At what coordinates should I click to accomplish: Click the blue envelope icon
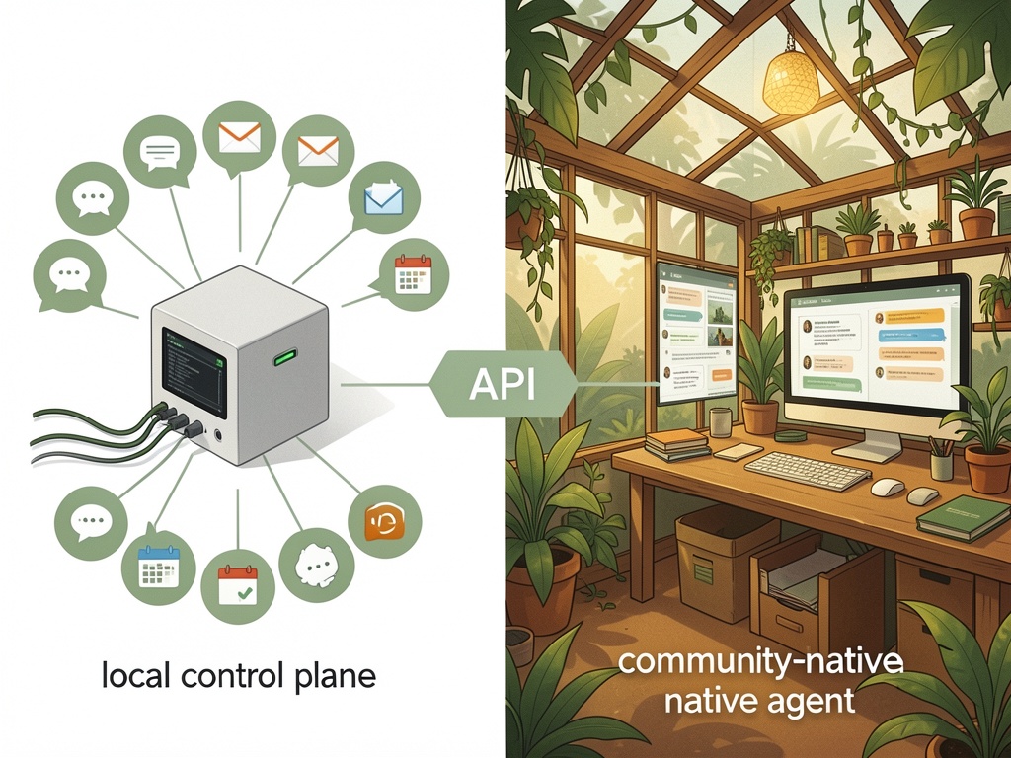(384, 198)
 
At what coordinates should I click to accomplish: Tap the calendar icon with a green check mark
(237, 586)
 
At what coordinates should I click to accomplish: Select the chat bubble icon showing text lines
(159, 152)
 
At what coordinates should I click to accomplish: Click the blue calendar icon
(158, 567)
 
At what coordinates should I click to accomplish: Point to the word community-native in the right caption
(760, 662)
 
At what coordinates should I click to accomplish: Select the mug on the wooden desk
(721, 422)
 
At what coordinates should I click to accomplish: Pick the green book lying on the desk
(963, 517)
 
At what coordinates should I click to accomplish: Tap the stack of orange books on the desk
(677, 445)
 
